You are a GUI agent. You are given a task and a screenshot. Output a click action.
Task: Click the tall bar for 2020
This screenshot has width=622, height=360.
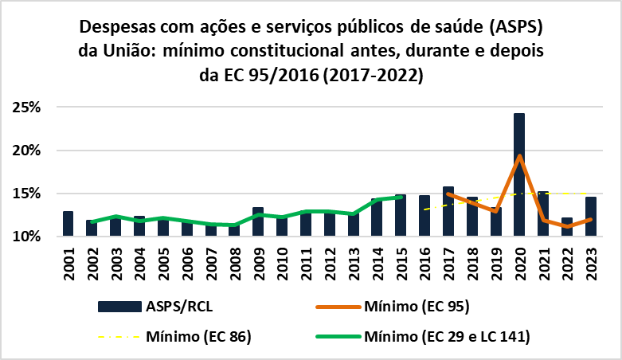(519, 175)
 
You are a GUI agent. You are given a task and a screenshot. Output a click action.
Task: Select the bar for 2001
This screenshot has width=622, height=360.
(68, 224)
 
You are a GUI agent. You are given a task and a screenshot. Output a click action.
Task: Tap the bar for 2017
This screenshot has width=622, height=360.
(448, 212)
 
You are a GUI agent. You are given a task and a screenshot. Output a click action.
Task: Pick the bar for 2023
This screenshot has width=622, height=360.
(590, 217)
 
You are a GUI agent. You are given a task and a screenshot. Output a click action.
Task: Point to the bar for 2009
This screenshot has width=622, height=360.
(258, 222)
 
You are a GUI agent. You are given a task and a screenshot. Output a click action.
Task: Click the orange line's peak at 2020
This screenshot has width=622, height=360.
(519, 156)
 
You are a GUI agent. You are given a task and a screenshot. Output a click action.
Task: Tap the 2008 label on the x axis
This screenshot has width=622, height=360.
(234, 262)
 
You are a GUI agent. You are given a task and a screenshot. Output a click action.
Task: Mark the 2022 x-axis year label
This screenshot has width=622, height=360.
(566, 262)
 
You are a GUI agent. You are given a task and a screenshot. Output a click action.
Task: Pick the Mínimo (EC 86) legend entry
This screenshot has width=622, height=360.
(200, 336)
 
